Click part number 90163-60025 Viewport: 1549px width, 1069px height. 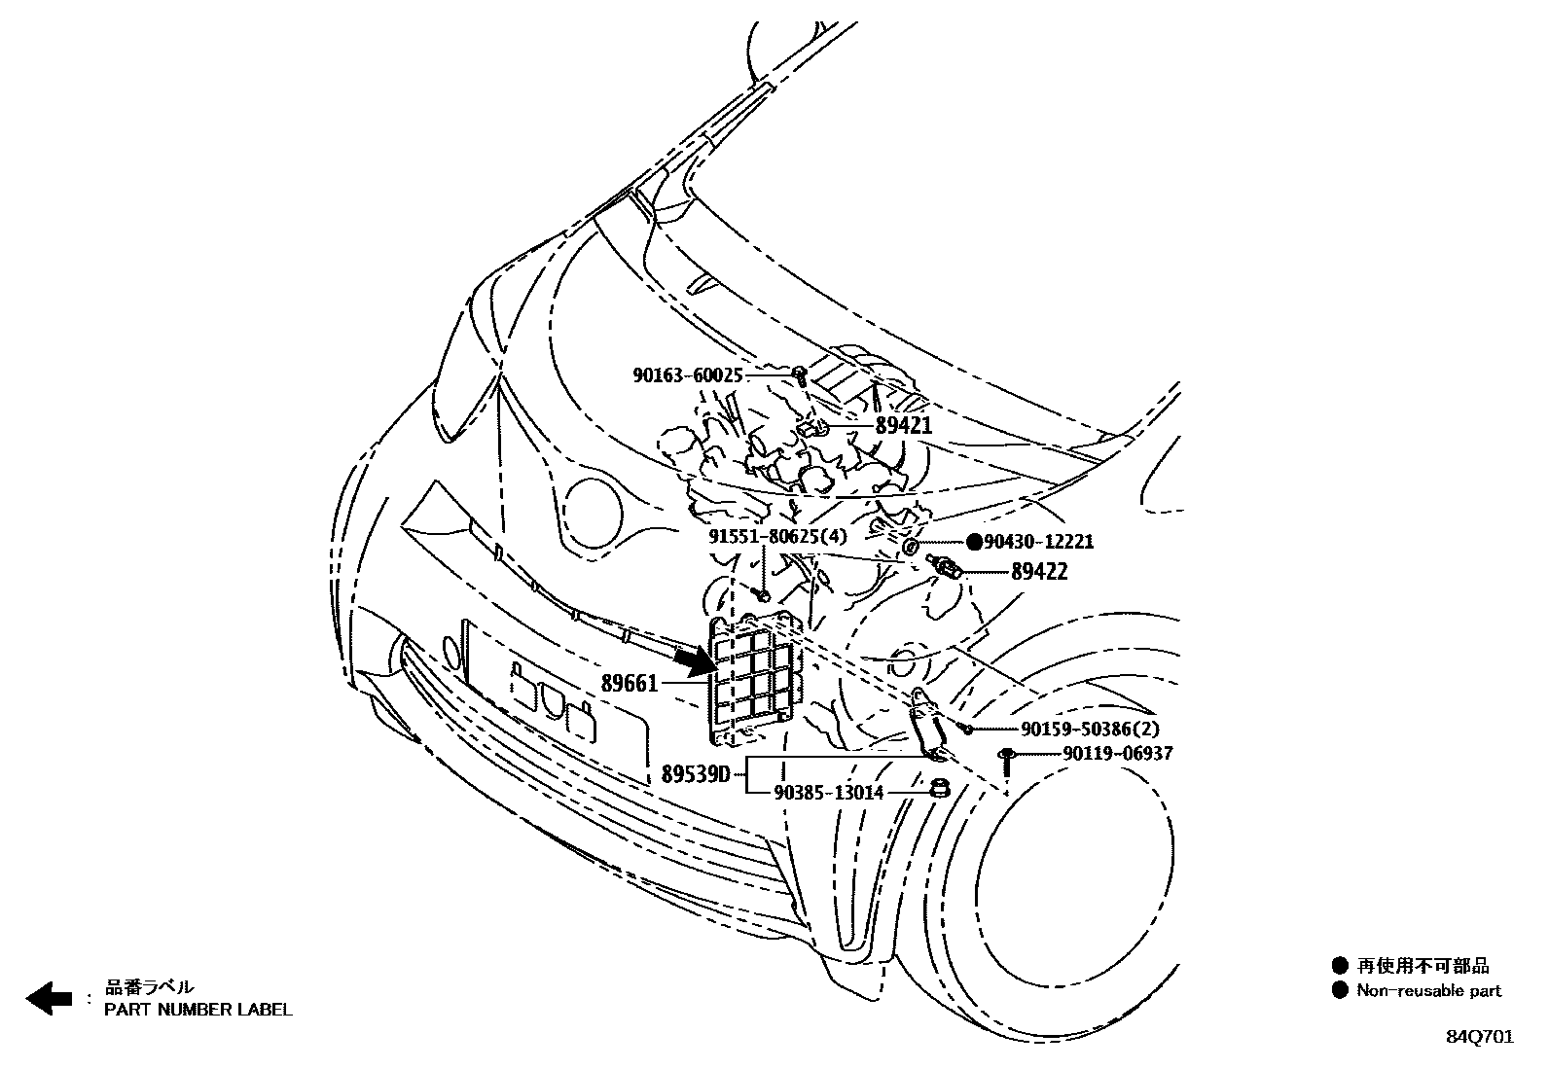pyautogui.click(x=688, y=375)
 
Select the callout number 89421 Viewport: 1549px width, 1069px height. pyautogui.click(x=903, y=425)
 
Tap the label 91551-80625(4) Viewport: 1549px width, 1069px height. pyautogui.click(x=777, y=537)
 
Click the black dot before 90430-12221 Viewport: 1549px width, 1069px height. pyautogui.click(x=974, y=542)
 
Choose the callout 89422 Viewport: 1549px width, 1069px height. pyautogui.click(x=1038, y=572)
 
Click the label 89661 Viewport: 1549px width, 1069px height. pyautogui.click(x=630, y=684)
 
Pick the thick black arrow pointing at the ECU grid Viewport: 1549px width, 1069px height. pyautogui.click(x=693, y=661)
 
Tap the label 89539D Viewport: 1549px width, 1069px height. pyautogui.click(x=695, y=775)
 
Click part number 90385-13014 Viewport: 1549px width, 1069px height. pyautogui.click(x=829, y=793)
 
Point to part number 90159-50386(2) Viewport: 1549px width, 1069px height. pyautogui.click(x=1076, y=729)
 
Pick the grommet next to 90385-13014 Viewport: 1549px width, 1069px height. pyautogui.click(x=940, y=788)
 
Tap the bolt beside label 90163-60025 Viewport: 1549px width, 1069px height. pyautogui.click(x=799, y=374)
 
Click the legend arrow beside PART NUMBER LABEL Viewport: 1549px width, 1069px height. pyautogui.click(x=49, y=999)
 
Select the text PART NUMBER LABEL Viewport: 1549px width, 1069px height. pyautogui.click(x=198, y=1010)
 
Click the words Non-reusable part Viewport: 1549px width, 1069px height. pyautogui.click(x=1428, y=991)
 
